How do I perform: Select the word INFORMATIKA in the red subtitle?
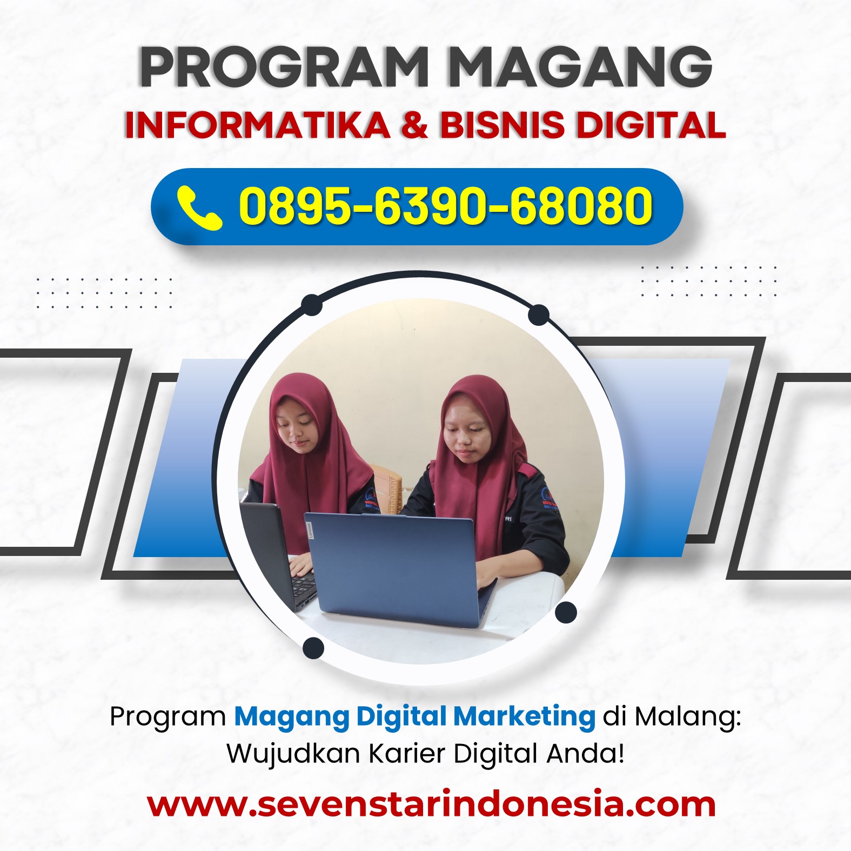coord(258,125)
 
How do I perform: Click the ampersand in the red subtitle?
coord(415,125)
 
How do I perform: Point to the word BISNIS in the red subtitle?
coord(502,125)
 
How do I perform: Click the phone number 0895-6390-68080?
coord(446,206)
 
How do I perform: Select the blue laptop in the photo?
coord(400,569)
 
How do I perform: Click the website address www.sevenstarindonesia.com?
coord(431,804)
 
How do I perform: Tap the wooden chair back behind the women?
coord(387,490)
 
